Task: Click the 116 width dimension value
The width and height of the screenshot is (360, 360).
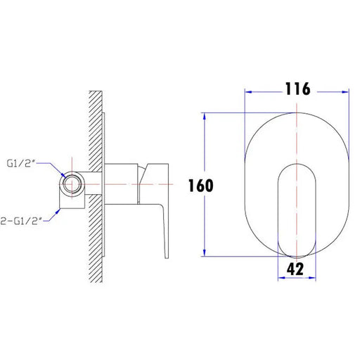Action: pos(297,89)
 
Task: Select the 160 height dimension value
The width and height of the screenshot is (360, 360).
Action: pos(201,186)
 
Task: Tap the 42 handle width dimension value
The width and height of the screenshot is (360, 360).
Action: pos(295,269)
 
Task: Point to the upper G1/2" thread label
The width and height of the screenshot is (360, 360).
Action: pos(21,163)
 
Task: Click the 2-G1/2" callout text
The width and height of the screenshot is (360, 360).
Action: pos(22,221)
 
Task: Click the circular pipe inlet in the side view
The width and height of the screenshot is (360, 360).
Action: pos(72,184)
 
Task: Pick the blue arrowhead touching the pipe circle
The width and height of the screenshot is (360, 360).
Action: pos(63,175)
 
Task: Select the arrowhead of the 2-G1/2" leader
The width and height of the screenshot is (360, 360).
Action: pos(58,212)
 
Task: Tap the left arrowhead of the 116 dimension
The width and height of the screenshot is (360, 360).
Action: pos(248,92)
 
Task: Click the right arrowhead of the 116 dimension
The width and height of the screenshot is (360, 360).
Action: pos(345,92)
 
